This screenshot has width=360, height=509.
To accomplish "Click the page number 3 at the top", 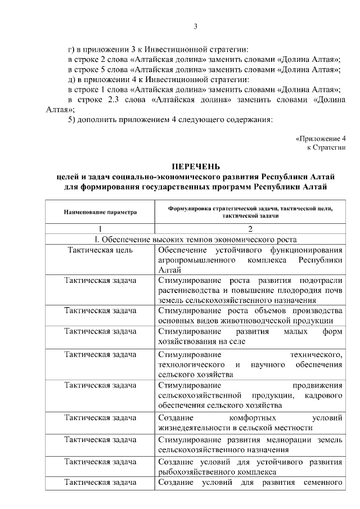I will coord(195,26).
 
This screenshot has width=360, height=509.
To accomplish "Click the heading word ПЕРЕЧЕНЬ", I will coord(195,166).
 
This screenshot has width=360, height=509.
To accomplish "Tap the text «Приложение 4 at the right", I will coord(320,138).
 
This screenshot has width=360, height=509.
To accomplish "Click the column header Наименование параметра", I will coord(100,213).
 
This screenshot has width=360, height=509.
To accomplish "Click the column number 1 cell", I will coord(100,228).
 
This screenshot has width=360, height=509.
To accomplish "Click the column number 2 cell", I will coord(250,228).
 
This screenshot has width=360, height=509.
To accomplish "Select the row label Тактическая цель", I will coord(100,250).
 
